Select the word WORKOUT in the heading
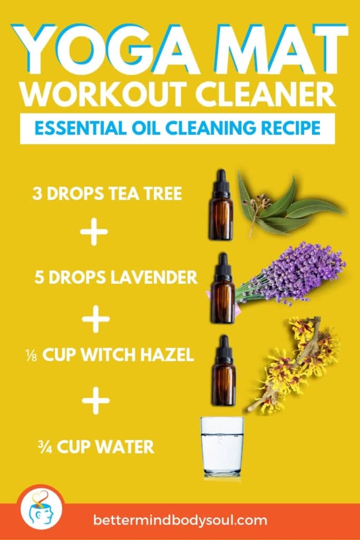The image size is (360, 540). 100,95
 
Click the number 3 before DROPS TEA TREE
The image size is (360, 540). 37,194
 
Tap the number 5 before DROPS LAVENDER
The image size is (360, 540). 39,277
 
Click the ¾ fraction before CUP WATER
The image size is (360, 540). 45,447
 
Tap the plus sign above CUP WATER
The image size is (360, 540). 96,402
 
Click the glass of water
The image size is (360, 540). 222,446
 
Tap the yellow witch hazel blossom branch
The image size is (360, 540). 296,364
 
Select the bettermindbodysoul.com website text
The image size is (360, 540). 180,520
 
